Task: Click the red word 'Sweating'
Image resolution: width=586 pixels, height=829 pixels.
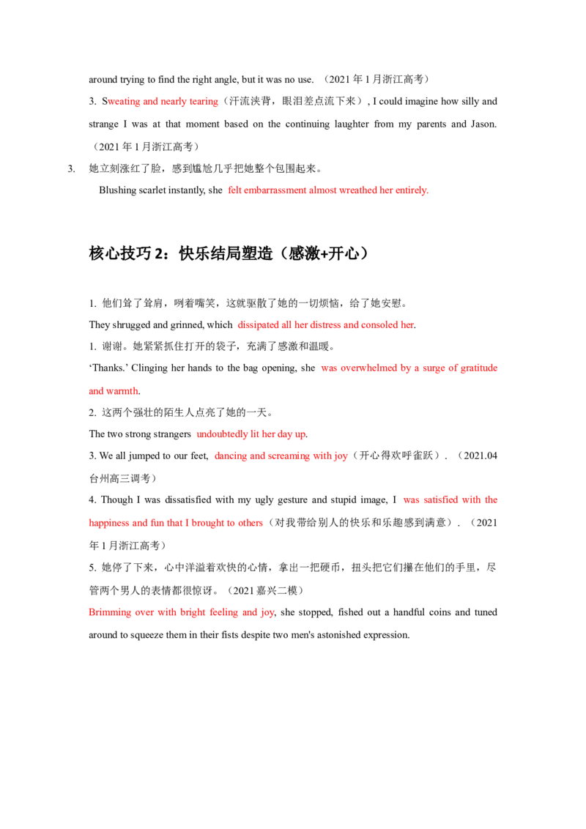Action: click(x=121, y=102)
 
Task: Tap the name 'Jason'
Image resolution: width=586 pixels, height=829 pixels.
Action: click(x=483, y=124)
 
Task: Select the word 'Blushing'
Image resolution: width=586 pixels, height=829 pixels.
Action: click(x=117, y=190)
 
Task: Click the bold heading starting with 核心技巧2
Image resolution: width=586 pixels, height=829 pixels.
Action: click(x=229, y=253)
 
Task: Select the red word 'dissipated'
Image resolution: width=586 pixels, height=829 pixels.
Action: click(x=258, y=325)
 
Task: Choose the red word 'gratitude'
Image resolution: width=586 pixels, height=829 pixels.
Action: click(x=478, y=368)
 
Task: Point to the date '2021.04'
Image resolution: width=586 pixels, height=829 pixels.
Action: click(x=481, y=456)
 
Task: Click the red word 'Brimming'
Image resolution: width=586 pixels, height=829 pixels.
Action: click(x=109, y=612)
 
